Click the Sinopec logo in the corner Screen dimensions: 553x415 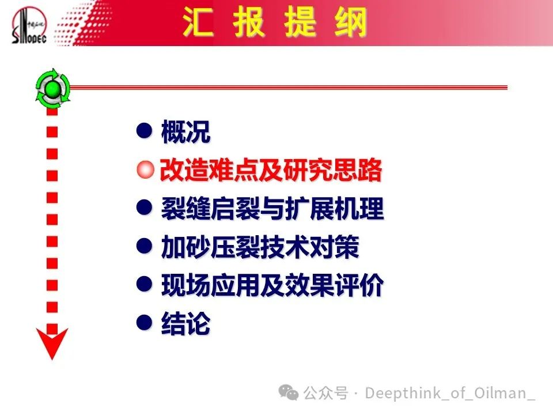coord(29,25)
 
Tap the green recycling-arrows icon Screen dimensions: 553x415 coord(53,88)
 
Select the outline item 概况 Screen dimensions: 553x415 coord(185,131)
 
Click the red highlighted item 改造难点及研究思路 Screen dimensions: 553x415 coord(271,169)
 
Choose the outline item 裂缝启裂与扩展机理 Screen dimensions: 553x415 coord(272,208)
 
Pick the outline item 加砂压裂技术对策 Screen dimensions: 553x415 coord(260,247)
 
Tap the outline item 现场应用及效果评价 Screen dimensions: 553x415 coord(272,285)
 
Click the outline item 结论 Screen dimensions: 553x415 coord(185,323)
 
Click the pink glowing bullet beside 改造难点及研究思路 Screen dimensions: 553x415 coord(145,169)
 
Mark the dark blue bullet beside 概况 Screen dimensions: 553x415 coord(144,131)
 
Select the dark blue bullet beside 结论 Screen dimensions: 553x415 coord(144,322)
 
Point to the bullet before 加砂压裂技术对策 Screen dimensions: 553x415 coord(144,246)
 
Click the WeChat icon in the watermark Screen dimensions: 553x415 coord(289,393)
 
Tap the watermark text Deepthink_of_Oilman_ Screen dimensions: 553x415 coord(450,393)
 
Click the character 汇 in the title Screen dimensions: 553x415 coord(198,22)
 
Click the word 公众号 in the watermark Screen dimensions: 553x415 coord(326,393)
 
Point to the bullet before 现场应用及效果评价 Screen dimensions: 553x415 coord(144,284)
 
